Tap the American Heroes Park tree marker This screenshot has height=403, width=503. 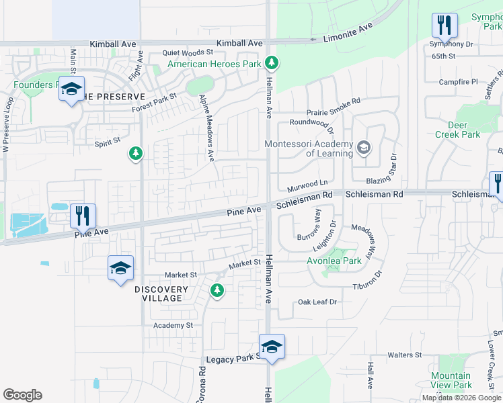pos(271,63)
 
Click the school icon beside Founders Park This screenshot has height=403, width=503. pos(72,89)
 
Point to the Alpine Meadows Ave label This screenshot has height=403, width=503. pos(206,128)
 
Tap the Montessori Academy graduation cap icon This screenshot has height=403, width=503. pos(364,147)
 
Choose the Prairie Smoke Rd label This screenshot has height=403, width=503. pos(325,101)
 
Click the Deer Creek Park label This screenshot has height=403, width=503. pos(464,130)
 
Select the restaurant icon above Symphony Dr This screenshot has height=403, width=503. pos(444,26)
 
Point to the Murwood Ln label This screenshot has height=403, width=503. pos(307,182)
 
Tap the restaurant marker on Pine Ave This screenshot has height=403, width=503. pos(83,216)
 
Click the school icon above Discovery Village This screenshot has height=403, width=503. pos(120,268)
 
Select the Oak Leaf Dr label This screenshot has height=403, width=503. pos(317,302)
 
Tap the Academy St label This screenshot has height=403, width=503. pos(173,325)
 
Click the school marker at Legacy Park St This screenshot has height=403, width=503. pos(272,347)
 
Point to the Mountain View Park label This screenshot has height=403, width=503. pos(451,381)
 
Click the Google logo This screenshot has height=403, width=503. pos(22,395)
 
